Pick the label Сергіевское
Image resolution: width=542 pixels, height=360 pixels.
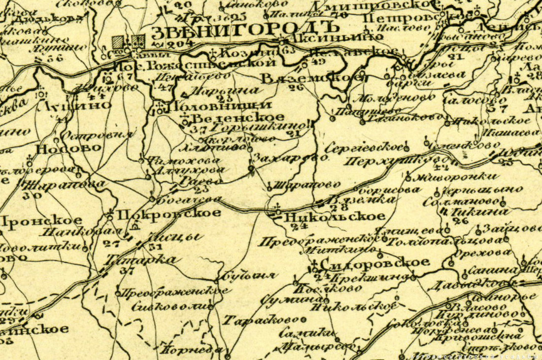click(365, 147)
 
